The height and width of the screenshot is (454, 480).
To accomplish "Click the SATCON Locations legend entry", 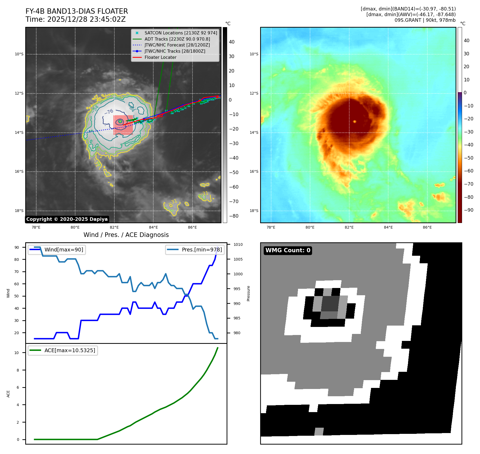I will (x=181, y=33).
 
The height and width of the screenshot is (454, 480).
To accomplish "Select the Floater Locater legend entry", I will (x=160, y=57).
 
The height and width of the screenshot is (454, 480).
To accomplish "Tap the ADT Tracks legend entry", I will (x=177, y=39).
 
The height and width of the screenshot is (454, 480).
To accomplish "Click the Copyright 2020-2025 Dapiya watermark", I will (x=67, y=219).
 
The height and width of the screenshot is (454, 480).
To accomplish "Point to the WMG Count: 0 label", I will (x=288, y=250).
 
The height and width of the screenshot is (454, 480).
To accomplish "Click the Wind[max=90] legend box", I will (x=57, y=250).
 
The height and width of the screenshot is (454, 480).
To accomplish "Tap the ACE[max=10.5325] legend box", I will (x=63, y=350).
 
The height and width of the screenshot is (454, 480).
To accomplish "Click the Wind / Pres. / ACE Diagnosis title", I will (x=126, y=235).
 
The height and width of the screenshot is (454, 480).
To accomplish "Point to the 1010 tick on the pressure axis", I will (x=238, y=244).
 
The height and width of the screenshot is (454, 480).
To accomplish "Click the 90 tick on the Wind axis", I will (x=17, y=247).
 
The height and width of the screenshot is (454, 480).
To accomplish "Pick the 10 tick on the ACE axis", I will (x=17, y=353).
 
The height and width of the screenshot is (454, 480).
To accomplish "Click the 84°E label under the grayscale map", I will (x=154, y=227).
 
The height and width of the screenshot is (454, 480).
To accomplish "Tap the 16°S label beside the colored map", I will (x=254, y=171).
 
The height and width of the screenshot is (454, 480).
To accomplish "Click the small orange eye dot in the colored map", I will (x=355, y=122).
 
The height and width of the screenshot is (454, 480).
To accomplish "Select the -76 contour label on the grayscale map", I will (x=109, y=111).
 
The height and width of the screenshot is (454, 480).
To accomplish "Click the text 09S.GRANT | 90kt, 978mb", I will (x=425, y=20).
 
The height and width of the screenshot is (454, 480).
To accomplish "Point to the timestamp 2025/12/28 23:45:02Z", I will (x=86, y=19).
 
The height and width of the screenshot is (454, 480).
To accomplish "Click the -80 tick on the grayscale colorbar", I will (x=234, y=216).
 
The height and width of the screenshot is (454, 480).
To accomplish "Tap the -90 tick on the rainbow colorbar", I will (x=469, y=210).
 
